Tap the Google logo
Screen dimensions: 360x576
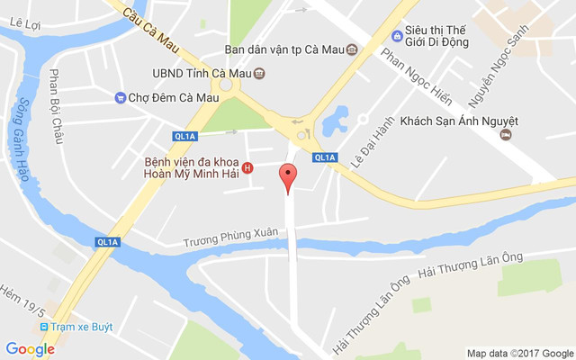point(30,349)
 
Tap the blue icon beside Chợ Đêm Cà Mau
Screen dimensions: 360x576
point(120,97)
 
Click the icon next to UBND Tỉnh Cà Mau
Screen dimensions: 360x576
point(259,73)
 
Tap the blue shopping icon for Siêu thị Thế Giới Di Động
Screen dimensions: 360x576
point(397,35)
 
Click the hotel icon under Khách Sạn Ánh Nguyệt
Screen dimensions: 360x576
point(505,134)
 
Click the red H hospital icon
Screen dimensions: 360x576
point(247,167)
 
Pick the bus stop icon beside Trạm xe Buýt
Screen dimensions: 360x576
point(43,327)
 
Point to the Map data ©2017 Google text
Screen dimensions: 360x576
point(519,353)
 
